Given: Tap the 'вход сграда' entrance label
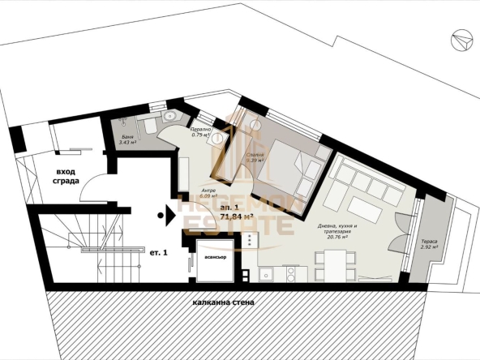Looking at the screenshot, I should point(67,176).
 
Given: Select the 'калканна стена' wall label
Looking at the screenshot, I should point(223,302).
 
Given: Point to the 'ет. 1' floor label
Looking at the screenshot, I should point(158,252).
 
